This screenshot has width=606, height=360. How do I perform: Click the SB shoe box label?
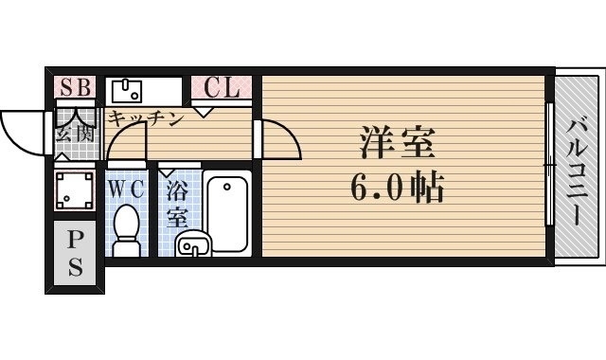coord(74,88)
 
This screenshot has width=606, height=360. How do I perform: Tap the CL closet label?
coord(223,89)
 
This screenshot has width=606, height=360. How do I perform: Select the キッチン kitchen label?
coord(144,118)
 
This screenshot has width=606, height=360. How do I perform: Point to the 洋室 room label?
coord(396,144)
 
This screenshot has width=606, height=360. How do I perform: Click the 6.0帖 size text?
coord(398,189)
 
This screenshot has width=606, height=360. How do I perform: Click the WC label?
coord(125,188)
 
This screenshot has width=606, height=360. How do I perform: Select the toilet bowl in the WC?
coord(125,229)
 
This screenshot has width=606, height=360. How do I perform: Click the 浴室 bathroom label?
coord(176,204)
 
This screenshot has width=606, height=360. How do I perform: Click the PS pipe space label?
coord(74,254)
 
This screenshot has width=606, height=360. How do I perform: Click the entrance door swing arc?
coord(21,133)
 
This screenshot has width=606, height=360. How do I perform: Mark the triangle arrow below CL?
coord(203,112)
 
